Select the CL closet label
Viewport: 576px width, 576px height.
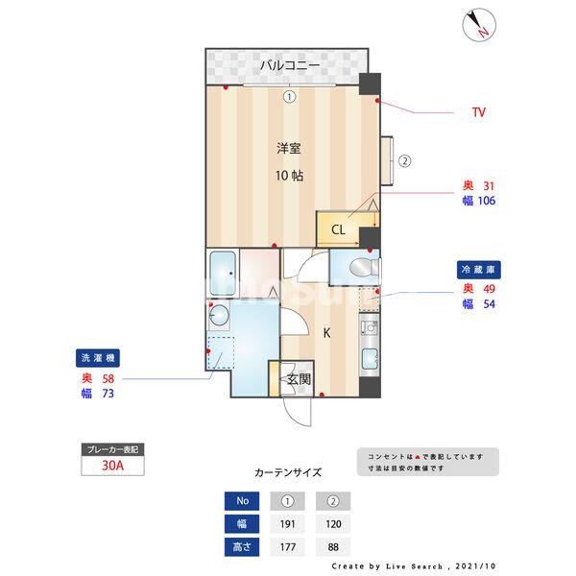(339, 230)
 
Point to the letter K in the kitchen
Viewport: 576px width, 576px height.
(326, 333)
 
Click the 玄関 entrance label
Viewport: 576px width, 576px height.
(299, 379)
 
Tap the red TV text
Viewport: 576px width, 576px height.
(478, 113)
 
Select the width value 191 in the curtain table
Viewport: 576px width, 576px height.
(287, 524)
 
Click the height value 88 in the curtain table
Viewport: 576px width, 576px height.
(333, 548)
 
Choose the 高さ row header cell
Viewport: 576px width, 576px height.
(241, 548)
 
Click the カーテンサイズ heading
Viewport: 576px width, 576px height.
(288, 473)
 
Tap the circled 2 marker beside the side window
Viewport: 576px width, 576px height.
(404, 161)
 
